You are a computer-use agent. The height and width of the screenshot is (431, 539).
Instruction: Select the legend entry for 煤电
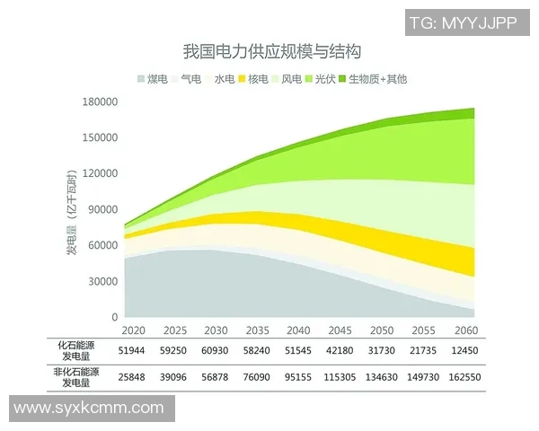[155, 79]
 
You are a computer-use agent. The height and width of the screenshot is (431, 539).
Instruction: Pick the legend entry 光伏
[322, 79]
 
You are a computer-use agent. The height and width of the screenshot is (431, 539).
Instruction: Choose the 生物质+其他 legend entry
[376, 79]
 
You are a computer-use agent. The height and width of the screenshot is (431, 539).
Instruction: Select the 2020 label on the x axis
[132, 330]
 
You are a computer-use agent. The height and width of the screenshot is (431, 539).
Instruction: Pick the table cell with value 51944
[132, 350]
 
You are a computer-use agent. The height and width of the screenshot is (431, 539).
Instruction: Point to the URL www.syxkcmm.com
[87, 409]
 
